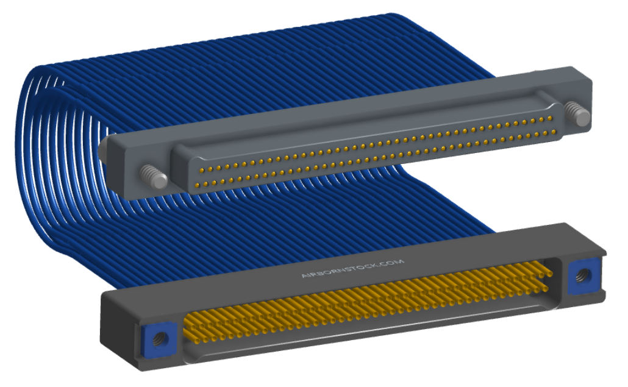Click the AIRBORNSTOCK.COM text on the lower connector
(352, 269)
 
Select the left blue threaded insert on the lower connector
(160, 340)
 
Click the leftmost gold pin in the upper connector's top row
(201, 171)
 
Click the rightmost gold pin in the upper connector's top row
(550, 118)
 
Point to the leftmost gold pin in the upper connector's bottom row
(197, 185)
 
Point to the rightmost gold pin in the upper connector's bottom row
(554, 132)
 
